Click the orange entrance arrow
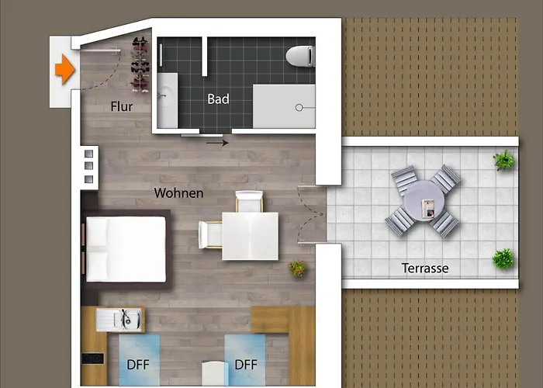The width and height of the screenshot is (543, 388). (64, 69)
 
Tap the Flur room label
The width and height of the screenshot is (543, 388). (122, 106)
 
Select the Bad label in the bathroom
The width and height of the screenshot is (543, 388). (218, 99)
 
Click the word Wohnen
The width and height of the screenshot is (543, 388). (178, 193)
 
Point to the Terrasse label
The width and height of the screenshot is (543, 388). (425, 268)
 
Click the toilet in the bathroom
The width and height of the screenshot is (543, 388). (300, 56)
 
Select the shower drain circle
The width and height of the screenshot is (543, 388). (299, 108)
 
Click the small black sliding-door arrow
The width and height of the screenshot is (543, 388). (217, 143)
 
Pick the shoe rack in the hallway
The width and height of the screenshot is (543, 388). (140, 64)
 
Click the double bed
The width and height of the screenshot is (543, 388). (126, 249)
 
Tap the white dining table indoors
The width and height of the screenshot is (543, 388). (250, 236)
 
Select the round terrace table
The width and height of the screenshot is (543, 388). (424, 200)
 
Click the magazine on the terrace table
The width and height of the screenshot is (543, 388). (428, 209)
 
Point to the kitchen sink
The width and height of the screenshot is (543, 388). (119, 320)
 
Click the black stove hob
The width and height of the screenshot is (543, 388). (92, 359)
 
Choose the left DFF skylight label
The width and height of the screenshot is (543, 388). (138, 365)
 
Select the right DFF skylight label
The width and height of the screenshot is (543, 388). (246, 365)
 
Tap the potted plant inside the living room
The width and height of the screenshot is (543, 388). (297, 268)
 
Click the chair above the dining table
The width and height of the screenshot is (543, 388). (249, 201)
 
